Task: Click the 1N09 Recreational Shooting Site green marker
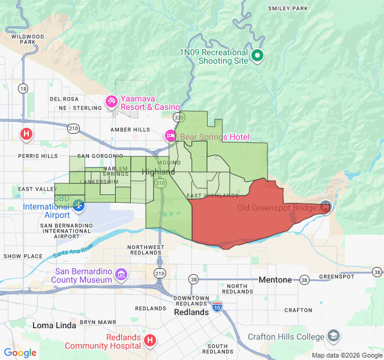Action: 258,56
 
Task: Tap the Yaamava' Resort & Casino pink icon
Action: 111,102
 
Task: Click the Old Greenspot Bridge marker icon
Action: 325,206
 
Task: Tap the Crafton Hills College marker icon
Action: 334,336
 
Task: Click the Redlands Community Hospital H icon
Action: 150,341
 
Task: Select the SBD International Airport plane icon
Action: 78,207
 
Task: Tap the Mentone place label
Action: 275,280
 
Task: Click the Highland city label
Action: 158,172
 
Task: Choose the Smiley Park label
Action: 288,8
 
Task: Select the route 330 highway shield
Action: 177,116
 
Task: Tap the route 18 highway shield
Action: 23,89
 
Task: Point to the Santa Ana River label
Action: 73,251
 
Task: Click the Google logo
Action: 20,353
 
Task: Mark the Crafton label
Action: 298,310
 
